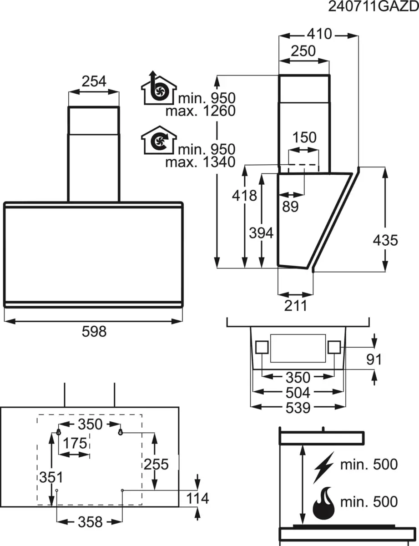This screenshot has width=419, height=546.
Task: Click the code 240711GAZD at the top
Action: coord(373,8)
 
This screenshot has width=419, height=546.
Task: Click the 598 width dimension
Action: coord(94,332)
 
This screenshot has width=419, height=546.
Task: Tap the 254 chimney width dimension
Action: coord(94,81)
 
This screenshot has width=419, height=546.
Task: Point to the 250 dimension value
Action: coord(303,51)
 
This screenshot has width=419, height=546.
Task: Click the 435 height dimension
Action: coord(385,240)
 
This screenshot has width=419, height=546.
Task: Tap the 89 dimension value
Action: coord(290,206)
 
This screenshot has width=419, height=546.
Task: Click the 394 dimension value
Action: coord(261,233)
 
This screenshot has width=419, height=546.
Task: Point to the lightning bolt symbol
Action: coord(323,467)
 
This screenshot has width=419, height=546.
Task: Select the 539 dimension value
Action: coord(298,408)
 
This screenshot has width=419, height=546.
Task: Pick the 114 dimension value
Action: coord(197,499)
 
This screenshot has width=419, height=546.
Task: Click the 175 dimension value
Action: coord(75,443)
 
